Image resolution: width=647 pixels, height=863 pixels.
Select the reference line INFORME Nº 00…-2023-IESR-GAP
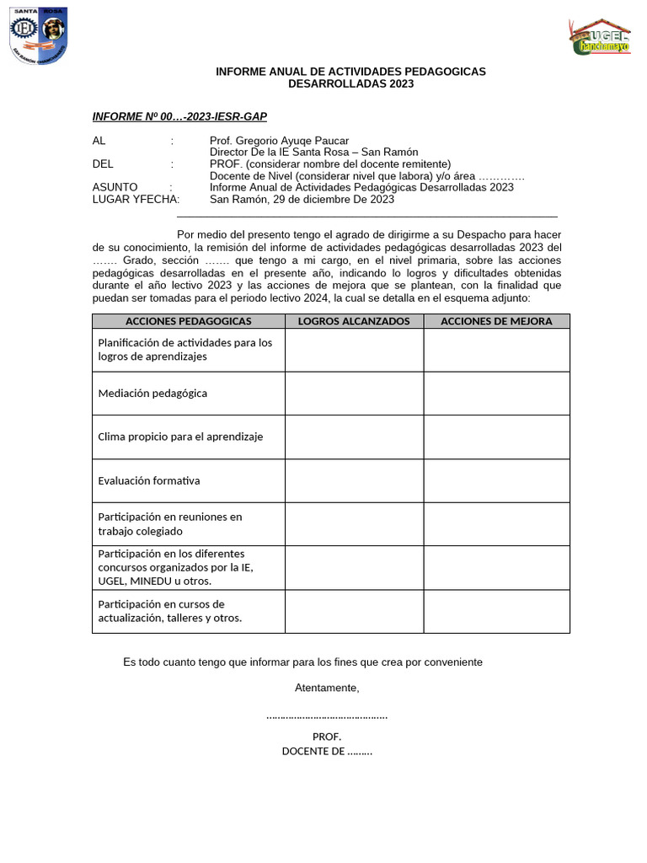179,116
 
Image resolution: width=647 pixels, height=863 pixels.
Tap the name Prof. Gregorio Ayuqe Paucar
279,140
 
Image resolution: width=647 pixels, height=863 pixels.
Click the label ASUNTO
115,187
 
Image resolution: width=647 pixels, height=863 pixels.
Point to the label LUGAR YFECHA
135,200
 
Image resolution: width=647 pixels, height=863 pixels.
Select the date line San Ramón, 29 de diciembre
302,200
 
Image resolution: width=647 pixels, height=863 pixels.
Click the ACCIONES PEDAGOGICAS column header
188,321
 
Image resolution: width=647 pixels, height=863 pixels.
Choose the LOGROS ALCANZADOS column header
354,321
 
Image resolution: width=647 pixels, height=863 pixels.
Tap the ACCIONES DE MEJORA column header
496,321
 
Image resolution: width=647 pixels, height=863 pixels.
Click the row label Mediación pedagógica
152,393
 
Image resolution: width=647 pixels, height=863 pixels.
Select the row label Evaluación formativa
149,480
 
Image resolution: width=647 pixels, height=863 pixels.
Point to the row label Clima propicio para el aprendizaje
180,437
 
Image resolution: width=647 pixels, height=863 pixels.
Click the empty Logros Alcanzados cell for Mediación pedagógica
354,393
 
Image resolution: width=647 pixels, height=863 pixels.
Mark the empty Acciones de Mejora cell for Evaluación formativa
496,480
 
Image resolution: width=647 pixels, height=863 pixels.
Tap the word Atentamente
327,688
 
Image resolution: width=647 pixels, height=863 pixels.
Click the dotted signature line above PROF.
327,716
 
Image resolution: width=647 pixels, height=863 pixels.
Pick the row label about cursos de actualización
169,611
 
